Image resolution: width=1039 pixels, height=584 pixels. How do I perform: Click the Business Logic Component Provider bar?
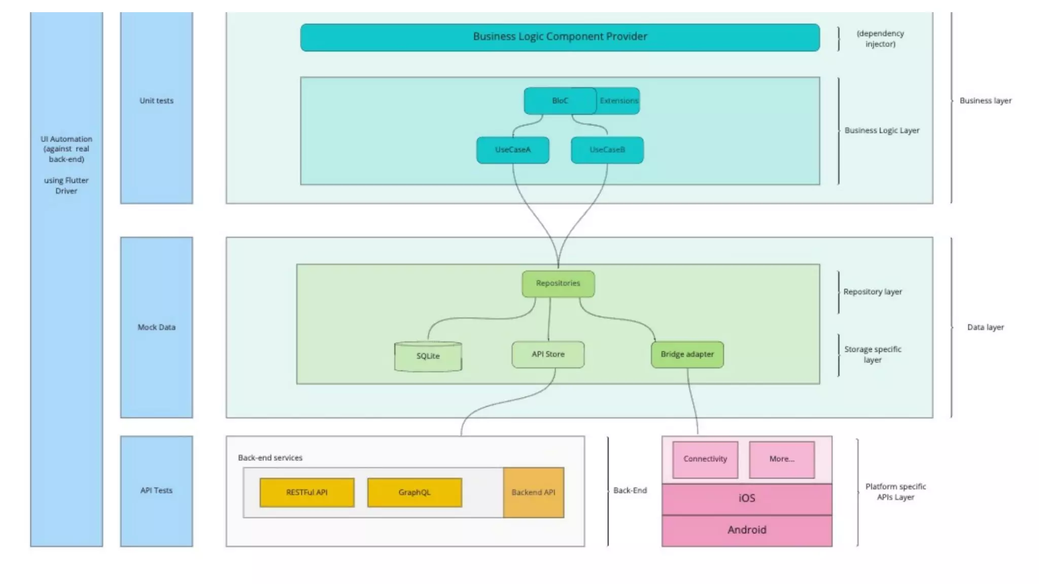[x=560, y=37]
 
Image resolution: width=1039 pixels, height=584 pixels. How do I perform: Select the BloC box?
[x=560, y=100]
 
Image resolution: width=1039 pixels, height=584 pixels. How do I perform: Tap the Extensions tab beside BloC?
[x=618, y=100]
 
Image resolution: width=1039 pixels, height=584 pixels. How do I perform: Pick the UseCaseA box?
[x=512, y=150]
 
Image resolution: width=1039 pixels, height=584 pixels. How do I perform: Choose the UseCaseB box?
[x=607, y=150]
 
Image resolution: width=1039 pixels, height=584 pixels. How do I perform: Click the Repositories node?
[x=558, y=283]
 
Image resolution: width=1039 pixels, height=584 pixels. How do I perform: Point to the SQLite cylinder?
[x=428, y=356]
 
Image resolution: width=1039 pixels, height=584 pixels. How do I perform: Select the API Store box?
[x=548, y=354]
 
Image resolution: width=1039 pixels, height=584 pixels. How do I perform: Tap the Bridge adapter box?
[x=687, y=354]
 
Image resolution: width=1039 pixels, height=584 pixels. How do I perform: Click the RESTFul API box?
[x=307, y=492]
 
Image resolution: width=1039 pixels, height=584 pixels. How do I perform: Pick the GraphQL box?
[x=414, y=492]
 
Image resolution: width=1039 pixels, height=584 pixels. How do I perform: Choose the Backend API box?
[x=534, y=492]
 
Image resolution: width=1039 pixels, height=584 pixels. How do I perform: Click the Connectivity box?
[x=705, y=459]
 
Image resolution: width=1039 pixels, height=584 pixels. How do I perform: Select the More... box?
[x=782, y=459]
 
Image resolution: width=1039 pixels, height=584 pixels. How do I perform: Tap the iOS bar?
[x=747, y=499]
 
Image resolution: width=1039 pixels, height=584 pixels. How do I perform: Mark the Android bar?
[x=747, y=530]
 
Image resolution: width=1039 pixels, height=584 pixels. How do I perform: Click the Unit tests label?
[x=156, y=101]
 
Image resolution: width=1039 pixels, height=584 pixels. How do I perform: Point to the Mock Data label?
[x=156, y=327]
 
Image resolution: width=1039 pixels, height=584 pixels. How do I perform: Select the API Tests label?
[x=156, y=491]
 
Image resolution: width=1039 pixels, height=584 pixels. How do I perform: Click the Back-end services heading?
[x=270, y=458]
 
